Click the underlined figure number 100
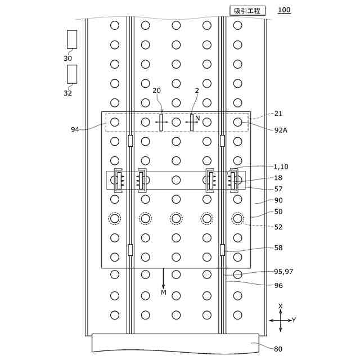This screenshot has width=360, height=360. click(x=285, y=10)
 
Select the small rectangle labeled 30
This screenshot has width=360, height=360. click(x=72, y=39)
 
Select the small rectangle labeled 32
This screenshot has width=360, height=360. click(x=72, y=74)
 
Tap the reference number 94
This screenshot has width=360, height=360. click(x=75, y=130)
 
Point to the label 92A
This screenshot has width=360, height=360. click(x=281, y=130)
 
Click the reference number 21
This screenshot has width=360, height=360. click(x=278, y=113)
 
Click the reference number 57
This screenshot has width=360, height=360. click(x=278, y=189)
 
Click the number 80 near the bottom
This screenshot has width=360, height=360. click(x=278, y=349)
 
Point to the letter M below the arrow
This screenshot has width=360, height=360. click(x=164, y=292)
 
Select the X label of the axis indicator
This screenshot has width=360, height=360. click(x=280, y=307)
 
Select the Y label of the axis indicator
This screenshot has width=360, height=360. click(x=294, y=320)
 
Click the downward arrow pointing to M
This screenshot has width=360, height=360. click(x=164, y=278)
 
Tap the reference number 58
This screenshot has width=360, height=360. click(x=278, y=247)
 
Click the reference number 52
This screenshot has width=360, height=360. click(x=278, y=227)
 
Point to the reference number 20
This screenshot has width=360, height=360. click(x=157, y=91)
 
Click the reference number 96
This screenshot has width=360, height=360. click(x=278, y=285)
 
